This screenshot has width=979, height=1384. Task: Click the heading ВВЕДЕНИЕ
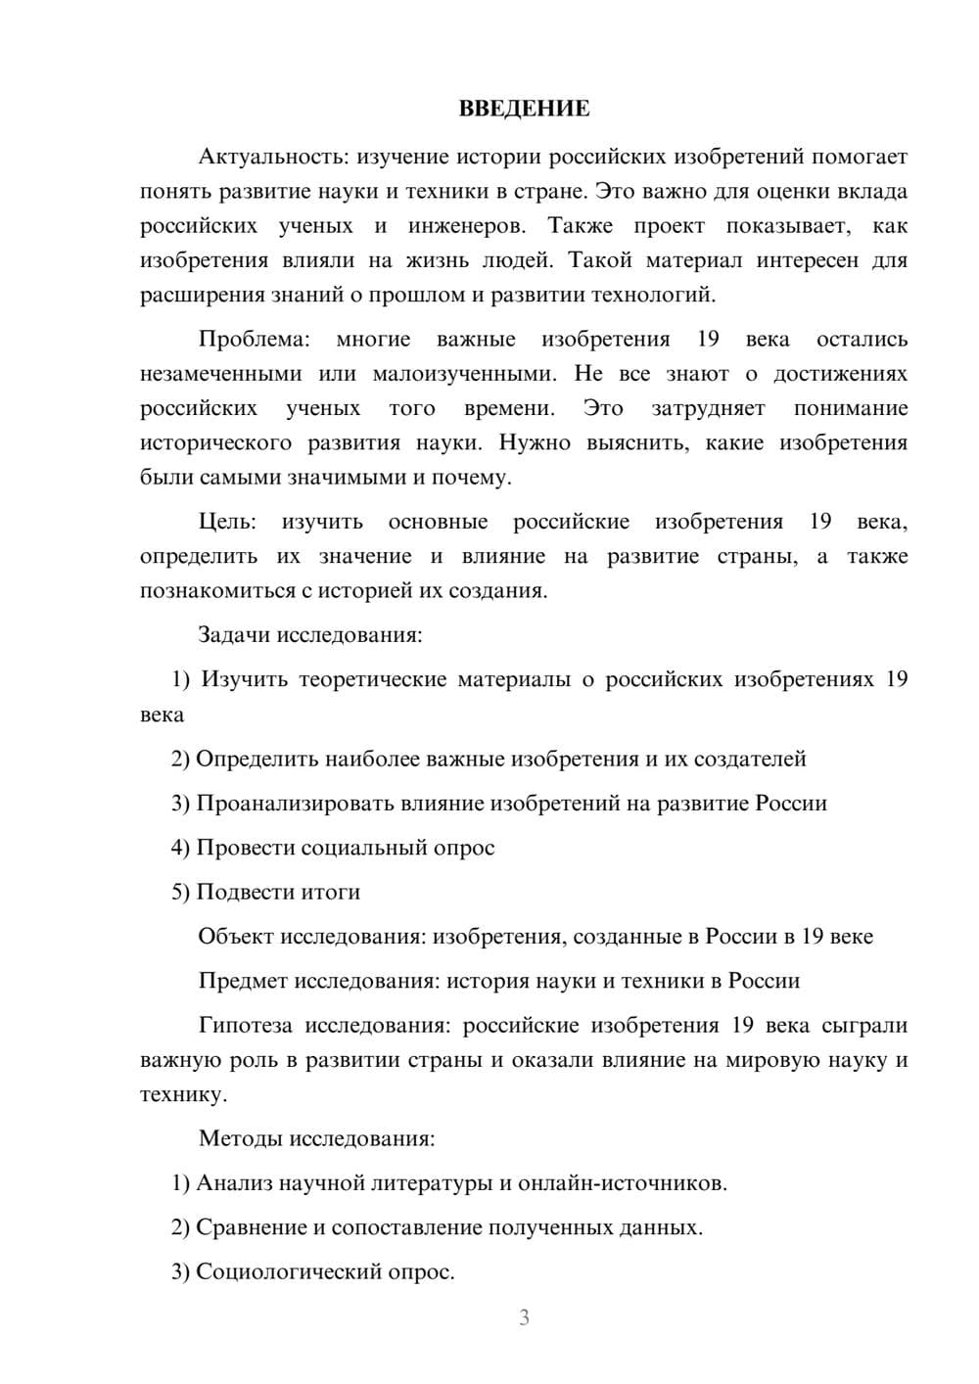coord(524,109)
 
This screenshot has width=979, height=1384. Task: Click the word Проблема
coord(254,339)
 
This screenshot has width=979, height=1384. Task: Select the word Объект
coord(236,937)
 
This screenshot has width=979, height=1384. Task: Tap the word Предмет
coord(243,981)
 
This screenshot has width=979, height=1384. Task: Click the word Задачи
coord(234,634)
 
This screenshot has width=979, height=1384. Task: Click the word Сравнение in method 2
coord(251,1227)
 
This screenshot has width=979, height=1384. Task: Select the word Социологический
coord(291,1271)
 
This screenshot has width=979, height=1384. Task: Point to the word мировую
coord(772,1060)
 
